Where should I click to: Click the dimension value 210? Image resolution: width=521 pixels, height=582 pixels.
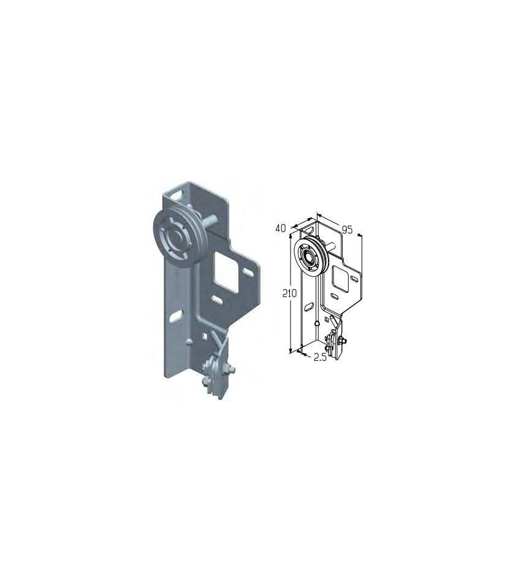[290, 293]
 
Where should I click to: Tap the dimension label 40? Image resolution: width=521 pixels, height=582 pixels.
[281, 228]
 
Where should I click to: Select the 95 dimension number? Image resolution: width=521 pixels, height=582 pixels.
[347, 230]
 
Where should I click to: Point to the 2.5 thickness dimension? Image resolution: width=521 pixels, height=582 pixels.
[320, 357]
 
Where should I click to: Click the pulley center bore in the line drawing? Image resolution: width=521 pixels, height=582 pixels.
[307, 257]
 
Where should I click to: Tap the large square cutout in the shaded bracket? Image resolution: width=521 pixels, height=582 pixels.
[226, 272]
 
